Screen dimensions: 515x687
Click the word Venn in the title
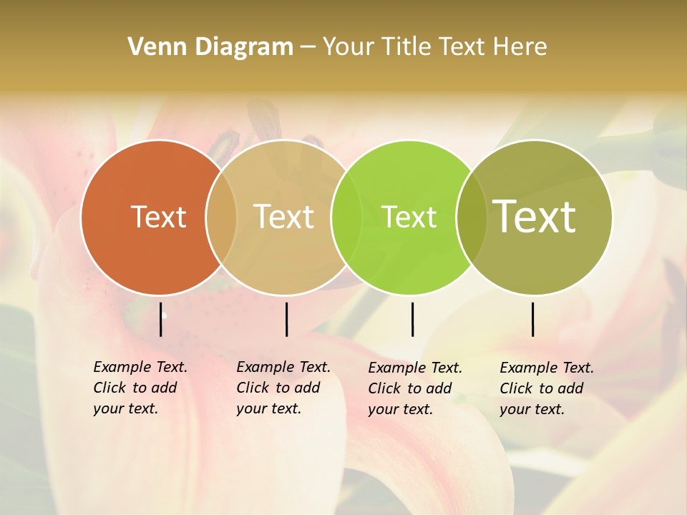click(x=153, y=47)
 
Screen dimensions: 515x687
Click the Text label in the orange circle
click(x=158, y=217)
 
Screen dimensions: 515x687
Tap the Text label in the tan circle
click(x=283, y=217)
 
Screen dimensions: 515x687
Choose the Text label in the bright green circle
click(x=409, y=217)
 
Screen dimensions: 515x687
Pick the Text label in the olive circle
click(x=535, y=216)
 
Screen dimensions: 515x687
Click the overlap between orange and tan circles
click(x=221, y=217)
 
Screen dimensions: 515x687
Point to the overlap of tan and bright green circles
click(x=346, y=217)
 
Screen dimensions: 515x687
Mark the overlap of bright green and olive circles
click(x=472, y=217)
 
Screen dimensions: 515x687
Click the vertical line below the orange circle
click(x=161, y=319)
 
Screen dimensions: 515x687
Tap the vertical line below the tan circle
click(x=286, y=319)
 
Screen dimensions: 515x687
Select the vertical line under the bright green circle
click(x=412, y=319)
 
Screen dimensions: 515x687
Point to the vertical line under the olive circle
click(x=533, y=319)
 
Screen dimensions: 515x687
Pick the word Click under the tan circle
click(x=253, y=388)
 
